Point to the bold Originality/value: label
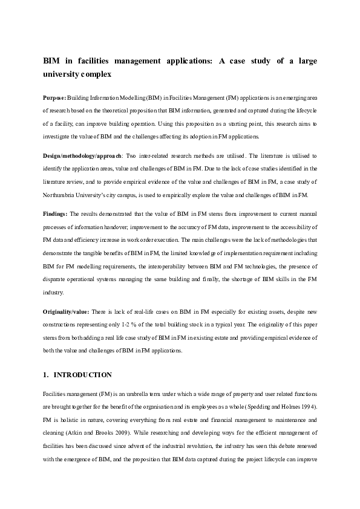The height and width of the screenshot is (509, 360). [67, 311]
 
